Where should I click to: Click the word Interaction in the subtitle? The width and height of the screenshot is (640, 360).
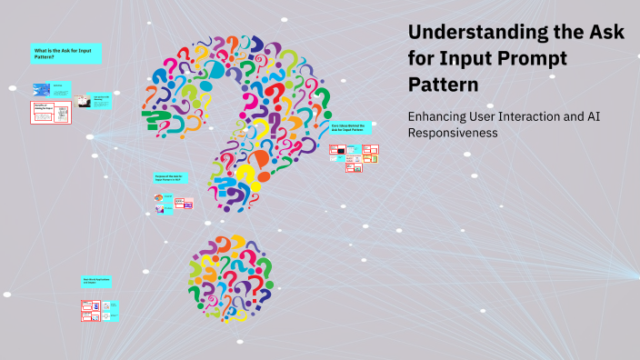point(552,116)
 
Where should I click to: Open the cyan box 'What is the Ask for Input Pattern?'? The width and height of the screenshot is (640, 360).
point(65,54)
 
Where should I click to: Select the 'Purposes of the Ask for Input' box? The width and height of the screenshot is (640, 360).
point(171,179)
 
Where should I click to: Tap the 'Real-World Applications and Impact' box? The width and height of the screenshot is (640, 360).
point(96,283)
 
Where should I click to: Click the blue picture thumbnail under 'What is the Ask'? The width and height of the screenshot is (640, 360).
point(41,89)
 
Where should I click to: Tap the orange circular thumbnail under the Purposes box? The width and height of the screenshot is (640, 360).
point(160,197)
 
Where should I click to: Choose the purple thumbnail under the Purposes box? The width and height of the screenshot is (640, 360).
point(160,210)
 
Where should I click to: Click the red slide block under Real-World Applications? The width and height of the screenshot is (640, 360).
point(92,311)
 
